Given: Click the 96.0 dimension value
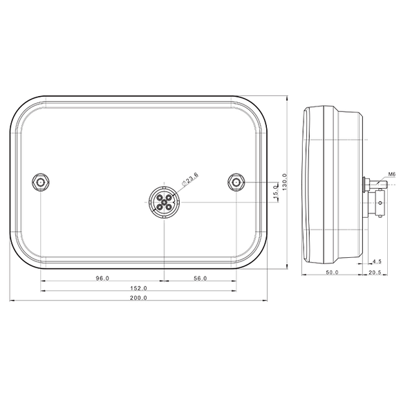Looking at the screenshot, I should [102, 279].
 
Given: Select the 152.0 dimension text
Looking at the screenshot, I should [138, 289].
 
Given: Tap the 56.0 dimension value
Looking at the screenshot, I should [200, 279].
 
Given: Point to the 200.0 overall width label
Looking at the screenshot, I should [138, 299].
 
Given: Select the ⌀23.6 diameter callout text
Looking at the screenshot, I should [190, 180].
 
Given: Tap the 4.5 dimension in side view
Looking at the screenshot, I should [377, 261].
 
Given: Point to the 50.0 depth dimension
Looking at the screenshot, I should [332, 273].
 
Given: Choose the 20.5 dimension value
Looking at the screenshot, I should [375, 273].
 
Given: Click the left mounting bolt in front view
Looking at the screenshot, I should [41, 183].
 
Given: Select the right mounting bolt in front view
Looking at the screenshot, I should [236, 183].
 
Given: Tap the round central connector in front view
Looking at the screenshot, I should [164, 202].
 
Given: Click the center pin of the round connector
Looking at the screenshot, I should [164, 202].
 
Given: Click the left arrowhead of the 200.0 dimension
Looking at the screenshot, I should [11, 302].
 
